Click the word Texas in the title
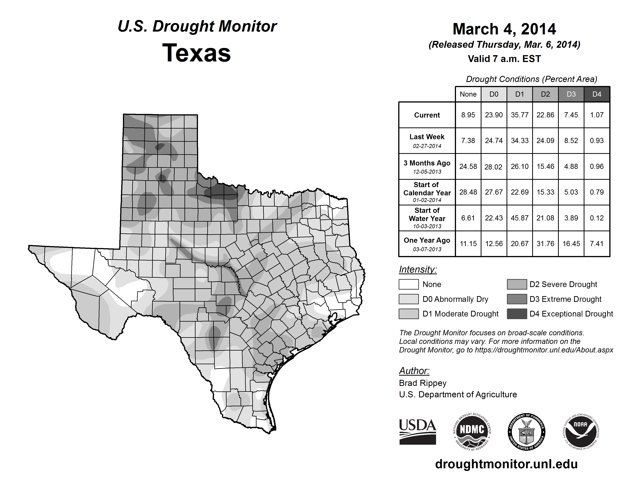196,53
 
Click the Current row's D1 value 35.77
520,115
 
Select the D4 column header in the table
597,94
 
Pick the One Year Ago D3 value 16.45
571,244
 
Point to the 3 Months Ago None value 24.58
468,166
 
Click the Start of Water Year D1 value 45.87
520,218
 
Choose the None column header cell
468,94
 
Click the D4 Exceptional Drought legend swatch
517,314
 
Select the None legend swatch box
408,284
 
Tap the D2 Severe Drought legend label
563,284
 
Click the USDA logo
417,432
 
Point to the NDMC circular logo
472,432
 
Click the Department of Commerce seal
526,432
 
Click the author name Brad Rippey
423,383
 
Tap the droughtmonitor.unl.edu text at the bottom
506,464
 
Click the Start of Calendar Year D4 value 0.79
597,192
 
